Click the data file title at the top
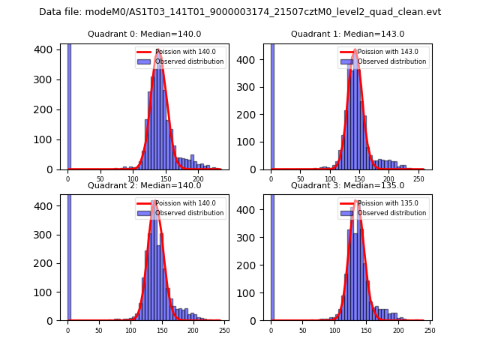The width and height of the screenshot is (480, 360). click(x=240, y=12)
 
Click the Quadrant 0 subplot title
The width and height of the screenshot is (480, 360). click(x=144, y=34)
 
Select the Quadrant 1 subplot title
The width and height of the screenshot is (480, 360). click(x=347, y=34)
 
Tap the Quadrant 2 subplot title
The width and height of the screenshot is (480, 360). click(x=144, y=185)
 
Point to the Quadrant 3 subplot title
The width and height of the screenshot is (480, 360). click(x=347, y=185)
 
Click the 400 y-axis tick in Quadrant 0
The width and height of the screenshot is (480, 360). click(x=48, y=49)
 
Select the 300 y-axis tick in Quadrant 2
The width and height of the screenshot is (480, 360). click(x=48, y=235)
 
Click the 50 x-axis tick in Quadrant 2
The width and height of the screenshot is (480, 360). click(x=99, y=330)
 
